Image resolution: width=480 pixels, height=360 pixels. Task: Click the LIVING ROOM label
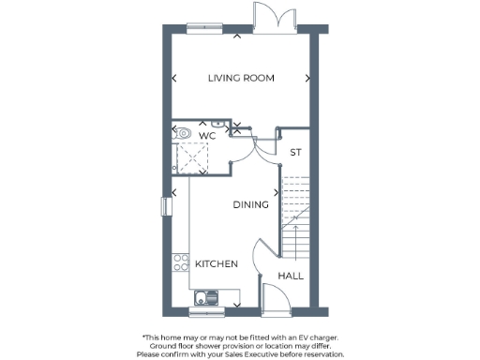coord(241,78)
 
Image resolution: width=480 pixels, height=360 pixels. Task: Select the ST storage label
coord(295,152)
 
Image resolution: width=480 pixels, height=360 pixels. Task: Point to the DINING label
coord(250,204)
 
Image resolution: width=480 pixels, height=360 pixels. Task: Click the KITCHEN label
coord(216,264)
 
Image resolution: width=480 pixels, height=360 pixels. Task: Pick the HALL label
coord(291,277)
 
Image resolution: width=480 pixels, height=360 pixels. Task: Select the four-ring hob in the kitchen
coord(178,260)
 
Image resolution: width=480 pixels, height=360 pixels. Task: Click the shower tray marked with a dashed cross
coord(195,157)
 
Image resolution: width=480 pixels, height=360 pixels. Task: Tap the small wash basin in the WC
coord(216,124)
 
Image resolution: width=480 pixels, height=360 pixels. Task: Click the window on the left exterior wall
coord(166,205)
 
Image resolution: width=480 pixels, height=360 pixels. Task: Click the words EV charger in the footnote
coord(315,337)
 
